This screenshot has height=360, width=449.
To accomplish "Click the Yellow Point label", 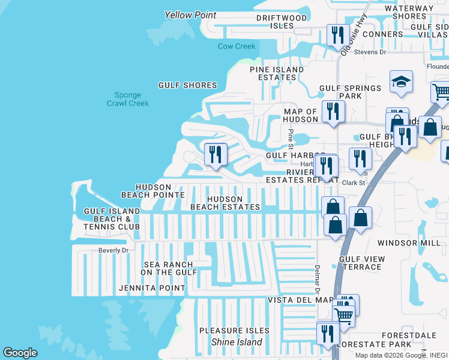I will (x=190, y=15).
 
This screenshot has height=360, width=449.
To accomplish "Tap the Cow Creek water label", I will (x=237, y=46).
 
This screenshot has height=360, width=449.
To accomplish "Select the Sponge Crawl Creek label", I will (x=128, y=99).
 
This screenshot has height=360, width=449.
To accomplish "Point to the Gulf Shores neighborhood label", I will (x=187, y=85).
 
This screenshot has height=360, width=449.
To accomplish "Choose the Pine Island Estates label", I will (x=277, y=73).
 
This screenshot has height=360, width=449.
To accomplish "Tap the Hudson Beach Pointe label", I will (x=152, y=191).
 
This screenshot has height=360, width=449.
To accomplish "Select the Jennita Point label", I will (x=152, y=289).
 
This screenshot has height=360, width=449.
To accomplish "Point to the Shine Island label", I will (x=237, y=342).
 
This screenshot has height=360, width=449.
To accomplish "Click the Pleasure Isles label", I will (x=231, y=331).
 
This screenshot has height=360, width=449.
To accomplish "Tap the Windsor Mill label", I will (x=409, y=243).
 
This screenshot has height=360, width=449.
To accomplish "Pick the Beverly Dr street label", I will (x=113, y=250).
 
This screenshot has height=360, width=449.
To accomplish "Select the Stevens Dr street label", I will (x=370, y=52).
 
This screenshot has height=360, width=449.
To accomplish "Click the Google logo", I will (x=20, y=353).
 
